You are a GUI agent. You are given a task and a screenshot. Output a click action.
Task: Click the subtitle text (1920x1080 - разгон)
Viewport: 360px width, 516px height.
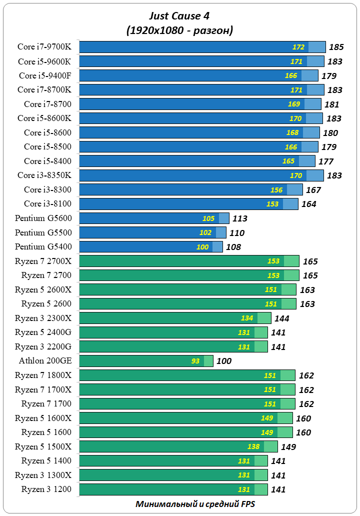(179, 31)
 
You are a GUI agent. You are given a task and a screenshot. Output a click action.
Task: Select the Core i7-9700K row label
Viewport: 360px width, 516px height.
(44, 47)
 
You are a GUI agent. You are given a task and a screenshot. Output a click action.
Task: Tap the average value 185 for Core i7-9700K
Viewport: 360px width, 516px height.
(336, 47)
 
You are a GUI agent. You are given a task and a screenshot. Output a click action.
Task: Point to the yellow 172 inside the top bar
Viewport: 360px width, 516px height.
(298, 47)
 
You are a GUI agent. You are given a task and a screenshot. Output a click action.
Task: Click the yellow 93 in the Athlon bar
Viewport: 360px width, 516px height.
(195, 361)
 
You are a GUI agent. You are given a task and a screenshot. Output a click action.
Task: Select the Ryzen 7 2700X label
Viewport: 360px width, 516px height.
(43, 261)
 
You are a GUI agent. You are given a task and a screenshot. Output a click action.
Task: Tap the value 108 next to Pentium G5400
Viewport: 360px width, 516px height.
(233, 247)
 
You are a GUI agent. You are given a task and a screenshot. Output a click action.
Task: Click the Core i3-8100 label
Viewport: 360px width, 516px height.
(47, 204)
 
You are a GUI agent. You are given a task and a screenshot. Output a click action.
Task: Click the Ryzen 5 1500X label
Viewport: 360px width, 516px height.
(43, 446)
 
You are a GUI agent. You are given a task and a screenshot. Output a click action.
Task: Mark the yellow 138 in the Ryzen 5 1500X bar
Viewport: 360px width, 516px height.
(254, 446)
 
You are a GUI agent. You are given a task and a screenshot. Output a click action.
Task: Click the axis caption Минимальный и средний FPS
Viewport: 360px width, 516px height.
(195, 504)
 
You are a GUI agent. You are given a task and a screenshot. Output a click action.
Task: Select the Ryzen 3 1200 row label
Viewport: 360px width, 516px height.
(46, 489)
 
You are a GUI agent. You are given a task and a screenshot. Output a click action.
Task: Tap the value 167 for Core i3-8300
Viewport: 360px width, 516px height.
(313, 190)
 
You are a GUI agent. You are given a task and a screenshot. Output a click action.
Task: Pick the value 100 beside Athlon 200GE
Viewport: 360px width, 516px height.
(223, 361)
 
